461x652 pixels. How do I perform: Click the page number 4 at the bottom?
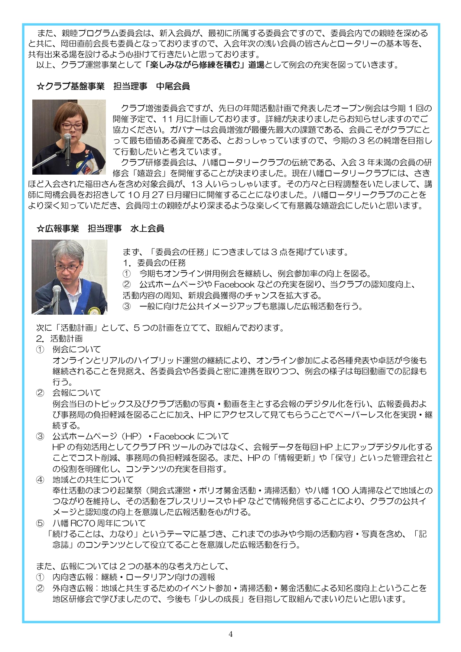click(x=230, y=634)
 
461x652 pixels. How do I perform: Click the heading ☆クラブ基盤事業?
click(x=71, y=86)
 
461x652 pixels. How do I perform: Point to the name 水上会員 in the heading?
click(x=147, y=228)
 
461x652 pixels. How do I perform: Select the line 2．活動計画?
click(x=59, y=338)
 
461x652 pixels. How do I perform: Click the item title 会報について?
click(x=77, y=393)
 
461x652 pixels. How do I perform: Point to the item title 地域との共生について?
click(x=93, y=480)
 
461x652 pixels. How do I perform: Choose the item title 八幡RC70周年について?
click(x=99, y=523)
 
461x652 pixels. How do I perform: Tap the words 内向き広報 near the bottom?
click(x=73, y=577)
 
